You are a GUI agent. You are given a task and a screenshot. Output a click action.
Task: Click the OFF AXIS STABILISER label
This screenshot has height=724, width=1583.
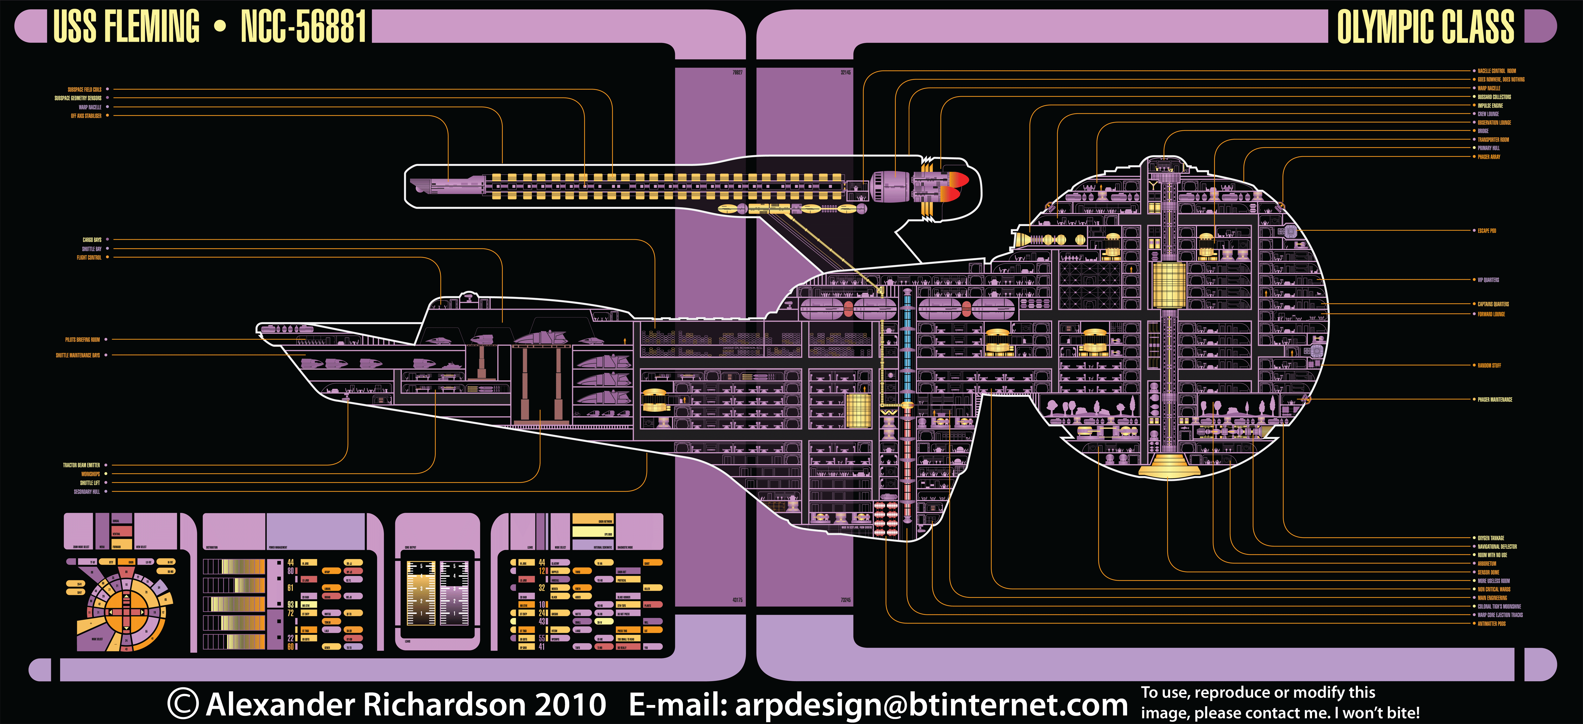86,116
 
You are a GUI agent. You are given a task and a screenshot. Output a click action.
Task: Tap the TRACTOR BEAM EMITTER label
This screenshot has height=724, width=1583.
81,465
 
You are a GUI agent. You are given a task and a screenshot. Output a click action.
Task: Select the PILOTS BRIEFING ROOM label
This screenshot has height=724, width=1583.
82,339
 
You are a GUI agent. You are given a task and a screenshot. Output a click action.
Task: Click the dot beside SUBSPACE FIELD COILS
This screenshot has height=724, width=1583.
108,89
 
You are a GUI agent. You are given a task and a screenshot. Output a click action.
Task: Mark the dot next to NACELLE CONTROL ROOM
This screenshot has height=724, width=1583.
1474,71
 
